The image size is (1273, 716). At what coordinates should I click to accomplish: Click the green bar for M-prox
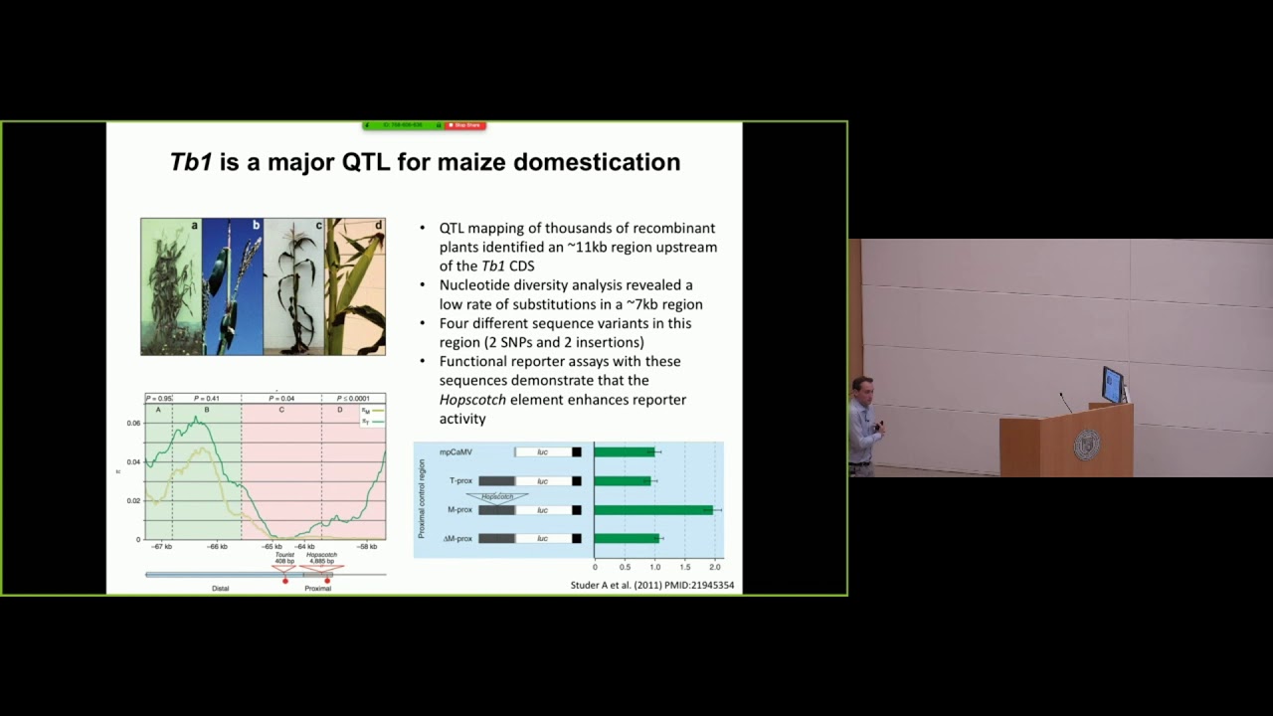(653, 509)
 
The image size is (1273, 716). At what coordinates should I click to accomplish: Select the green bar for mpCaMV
(625, 452)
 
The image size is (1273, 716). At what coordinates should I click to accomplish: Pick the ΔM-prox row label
(457, 538)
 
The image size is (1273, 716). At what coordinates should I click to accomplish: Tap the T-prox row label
(460, 481)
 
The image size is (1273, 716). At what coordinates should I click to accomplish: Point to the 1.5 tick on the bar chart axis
(684, 567)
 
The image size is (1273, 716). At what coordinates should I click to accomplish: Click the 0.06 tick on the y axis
(133, 423)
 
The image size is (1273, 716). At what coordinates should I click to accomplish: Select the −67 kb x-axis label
(161, 547)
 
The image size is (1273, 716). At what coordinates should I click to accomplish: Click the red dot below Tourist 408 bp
(285, 581)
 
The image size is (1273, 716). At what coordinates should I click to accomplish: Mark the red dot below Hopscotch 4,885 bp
(327, 581)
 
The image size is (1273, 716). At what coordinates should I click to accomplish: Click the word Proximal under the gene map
(318, 589)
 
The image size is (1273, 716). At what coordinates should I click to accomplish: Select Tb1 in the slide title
(191, 162)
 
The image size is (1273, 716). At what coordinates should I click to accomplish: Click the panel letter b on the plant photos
(256, 226)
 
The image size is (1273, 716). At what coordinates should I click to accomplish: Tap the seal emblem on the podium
(1086, 444)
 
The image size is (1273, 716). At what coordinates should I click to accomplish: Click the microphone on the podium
(1065, 401)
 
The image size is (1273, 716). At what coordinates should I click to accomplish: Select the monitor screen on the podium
(1112, 383)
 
